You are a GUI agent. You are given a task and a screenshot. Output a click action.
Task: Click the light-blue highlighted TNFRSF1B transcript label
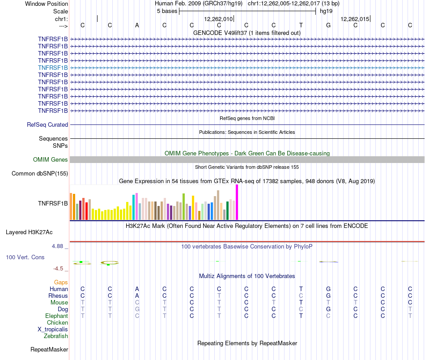tap(53, 68)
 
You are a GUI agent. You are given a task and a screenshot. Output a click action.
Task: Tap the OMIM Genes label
tap(51, 160)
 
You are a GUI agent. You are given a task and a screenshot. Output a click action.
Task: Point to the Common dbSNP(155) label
tap(40, 174)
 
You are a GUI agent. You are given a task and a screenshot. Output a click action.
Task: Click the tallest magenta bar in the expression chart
tap(237, 202)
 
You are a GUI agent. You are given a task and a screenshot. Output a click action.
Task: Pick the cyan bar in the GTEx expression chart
tap(134, 207)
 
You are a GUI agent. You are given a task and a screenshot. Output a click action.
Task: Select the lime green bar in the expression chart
tap(183, 206)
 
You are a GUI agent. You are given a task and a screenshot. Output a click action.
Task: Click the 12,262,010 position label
tap(218, 19)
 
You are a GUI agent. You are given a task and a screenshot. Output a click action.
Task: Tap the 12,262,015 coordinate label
tap(355, 19)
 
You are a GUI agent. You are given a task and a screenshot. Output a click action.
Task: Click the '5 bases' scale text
tap(167, 11)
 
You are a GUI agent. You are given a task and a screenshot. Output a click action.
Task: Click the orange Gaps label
tap(61, 283)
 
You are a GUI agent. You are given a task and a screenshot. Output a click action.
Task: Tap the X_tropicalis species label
tap(53, 330)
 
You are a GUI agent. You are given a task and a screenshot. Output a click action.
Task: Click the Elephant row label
tap(56, 316)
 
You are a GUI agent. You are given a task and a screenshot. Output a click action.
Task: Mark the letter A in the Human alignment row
tap(137, 289)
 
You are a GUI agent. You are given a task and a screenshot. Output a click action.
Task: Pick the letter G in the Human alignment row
tap(328, 289)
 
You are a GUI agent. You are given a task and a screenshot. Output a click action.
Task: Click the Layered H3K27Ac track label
tap(29, 232)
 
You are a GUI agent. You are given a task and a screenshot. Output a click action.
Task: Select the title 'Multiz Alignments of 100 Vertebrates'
tap(247, 276)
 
